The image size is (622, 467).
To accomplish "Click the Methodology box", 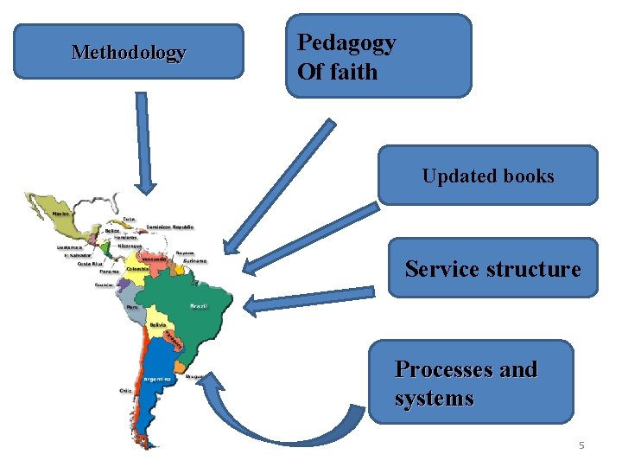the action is pyautogui.click(x=129, y=52).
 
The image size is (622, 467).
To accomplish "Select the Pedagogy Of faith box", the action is pyautogui.click(x=378, y=55).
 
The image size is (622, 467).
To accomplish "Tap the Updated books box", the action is pyautogui.click(x=488, y=176).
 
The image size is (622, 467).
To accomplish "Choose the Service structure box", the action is pyautogui.click(x=492, y=268).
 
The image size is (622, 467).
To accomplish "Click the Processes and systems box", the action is pyautogui.click(x=471, y=383).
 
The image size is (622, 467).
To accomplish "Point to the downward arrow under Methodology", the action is pyautogui.click(x=144, y=143).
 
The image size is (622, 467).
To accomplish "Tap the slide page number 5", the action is pyautogui.click(x=581, y=445).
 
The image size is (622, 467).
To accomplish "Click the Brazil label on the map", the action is pyautogui.click(x=199, y=306).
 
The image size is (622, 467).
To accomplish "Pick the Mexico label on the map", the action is pyautogui.click(x=61, y=213).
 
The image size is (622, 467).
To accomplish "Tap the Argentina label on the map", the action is pyautogui.click(x=155, y=379).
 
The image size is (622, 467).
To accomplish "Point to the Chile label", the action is pyautogui.click(x=126, y=391).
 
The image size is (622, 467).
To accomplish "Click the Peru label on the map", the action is pyautogui.click(x=132, y=306).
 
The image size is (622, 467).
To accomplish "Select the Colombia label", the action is pyautogui.click(x=137, y=269).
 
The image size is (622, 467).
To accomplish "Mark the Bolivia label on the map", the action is pyautogui.click(x=157, y=325).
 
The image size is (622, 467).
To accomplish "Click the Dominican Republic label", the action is pyautogui.click(x=170, y=227).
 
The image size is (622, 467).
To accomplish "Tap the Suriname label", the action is pyautogui.click(x=196, y=260).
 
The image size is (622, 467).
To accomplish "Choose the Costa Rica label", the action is pyautogui.click(x=91, y=264).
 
